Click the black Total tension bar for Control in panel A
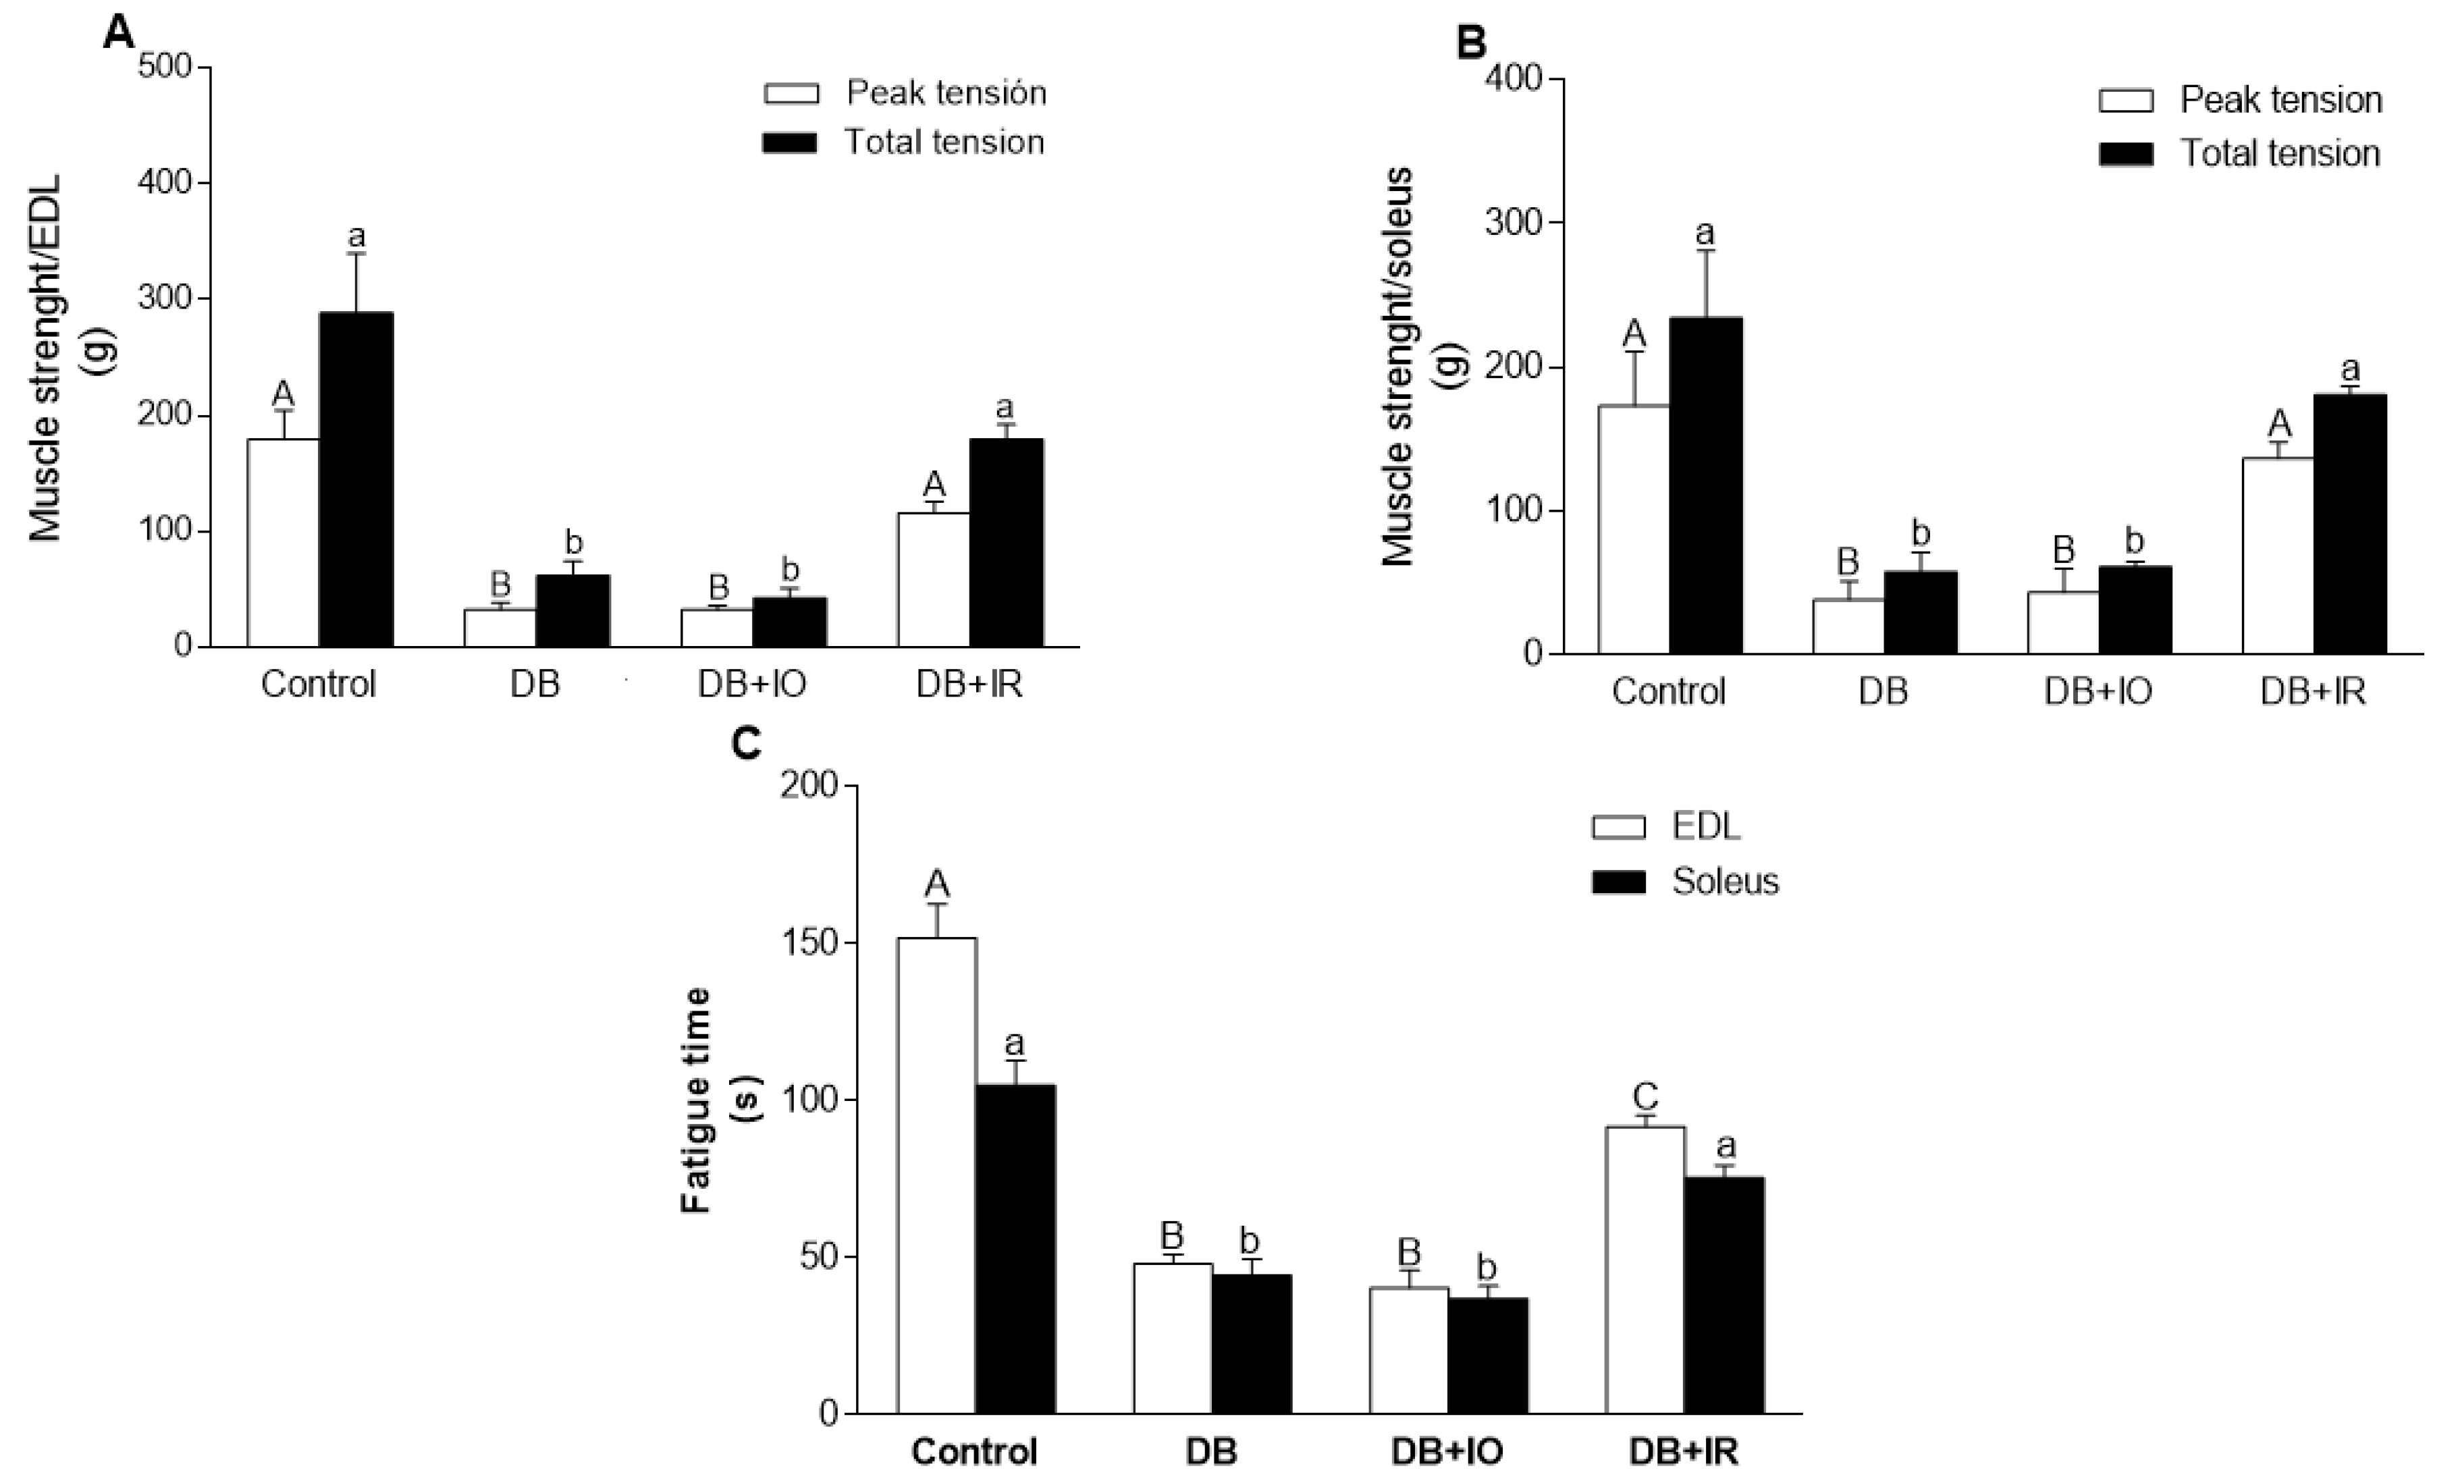click(x=355, y=479)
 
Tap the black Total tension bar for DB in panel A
click(x=572, y=610)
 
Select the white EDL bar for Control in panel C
click(x=936, y=1175)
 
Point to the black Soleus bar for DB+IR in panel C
click(x=1724, y=1294)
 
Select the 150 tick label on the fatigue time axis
click(x=810, y=942)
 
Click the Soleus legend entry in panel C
click(x=1725, y=881)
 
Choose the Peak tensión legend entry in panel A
click(x=945, y=92)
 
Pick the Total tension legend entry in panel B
click(x=2280, y=153)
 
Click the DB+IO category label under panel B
click(x=2098, y=691)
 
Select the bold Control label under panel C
click(x=973, y=1451)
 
